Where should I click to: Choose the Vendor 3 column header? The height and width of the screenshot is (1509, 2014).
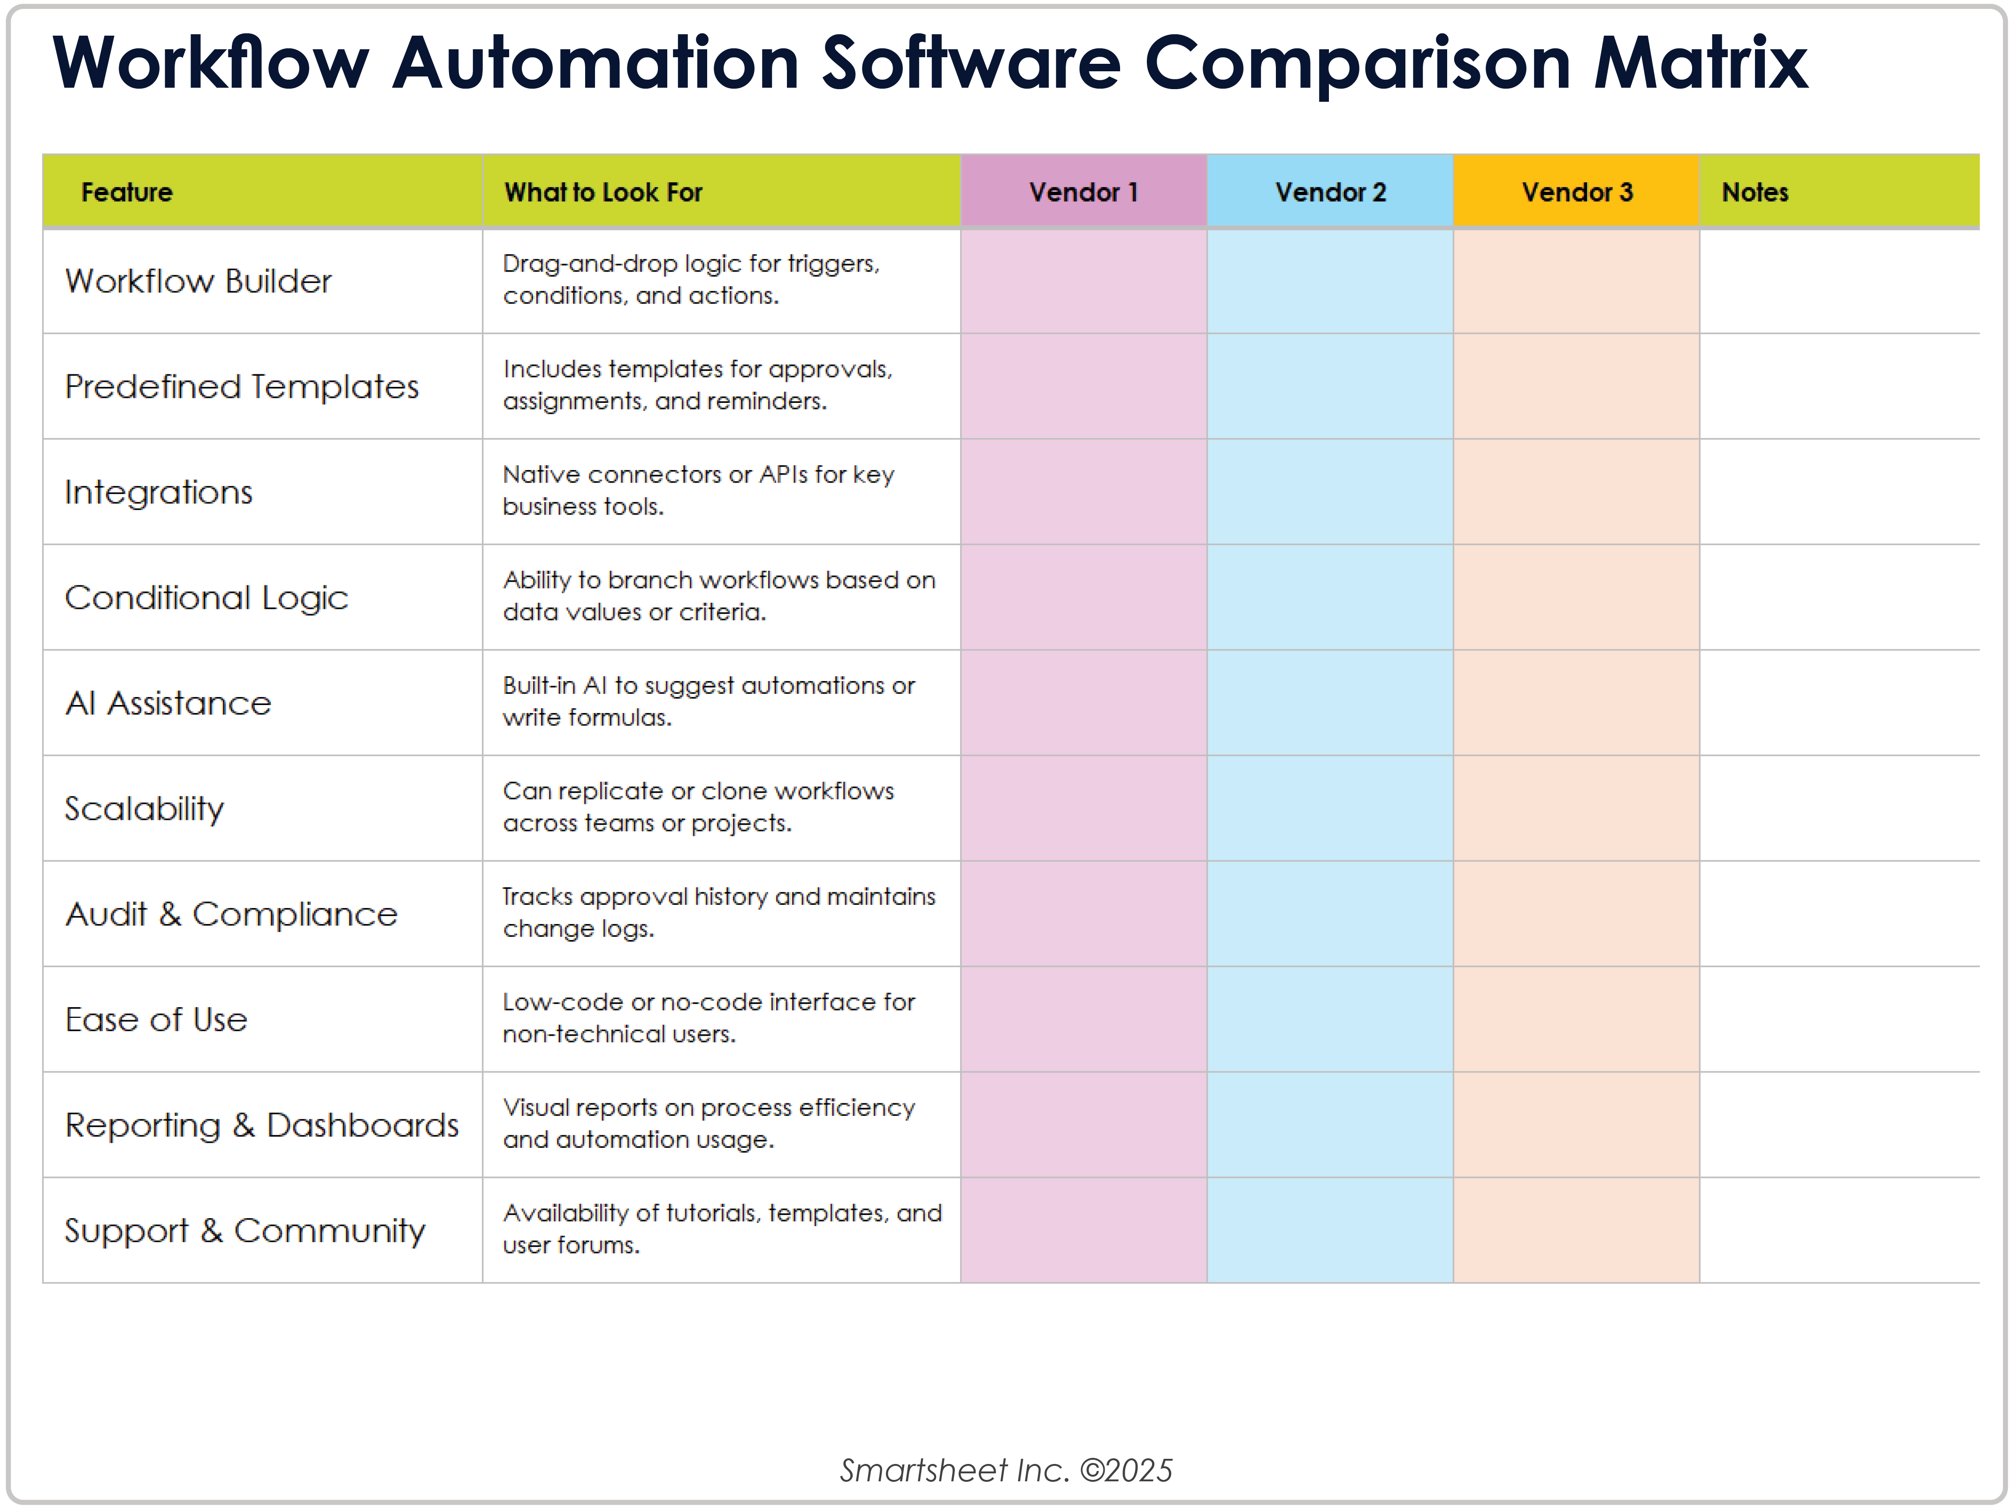(x=1576, y=192)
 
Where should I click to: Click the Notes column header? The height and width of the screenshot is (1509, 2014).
(x=1755, y=192)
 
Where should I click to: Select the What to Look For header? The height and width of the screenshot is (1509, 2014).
(x=603, y=192)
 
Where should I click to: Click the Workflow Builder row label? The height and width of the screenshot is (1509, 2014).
(x=198, y=281)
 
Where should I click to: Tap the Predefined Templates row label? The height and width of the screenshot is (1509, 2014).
(x=241, y=387)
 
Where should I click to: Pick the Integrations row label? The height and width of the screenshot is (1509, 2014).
(x=159, y=493)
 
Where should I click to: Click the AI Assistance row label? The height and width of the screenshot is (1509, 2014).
(x=168, y=704)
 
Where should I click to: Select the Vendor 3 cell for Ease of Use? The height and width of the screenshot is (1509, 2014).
(x=1576, y=1019)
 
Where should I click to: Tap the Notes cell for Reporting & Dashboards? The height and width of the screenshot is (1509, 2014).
(x=1839, y=1125)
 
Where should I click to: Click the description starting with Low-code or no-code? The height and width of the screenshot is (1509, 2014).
(x=709, y=1017)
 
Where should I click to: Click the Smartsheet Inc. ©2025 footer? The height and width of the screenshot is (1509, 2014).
(x=1006, y=1470)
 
